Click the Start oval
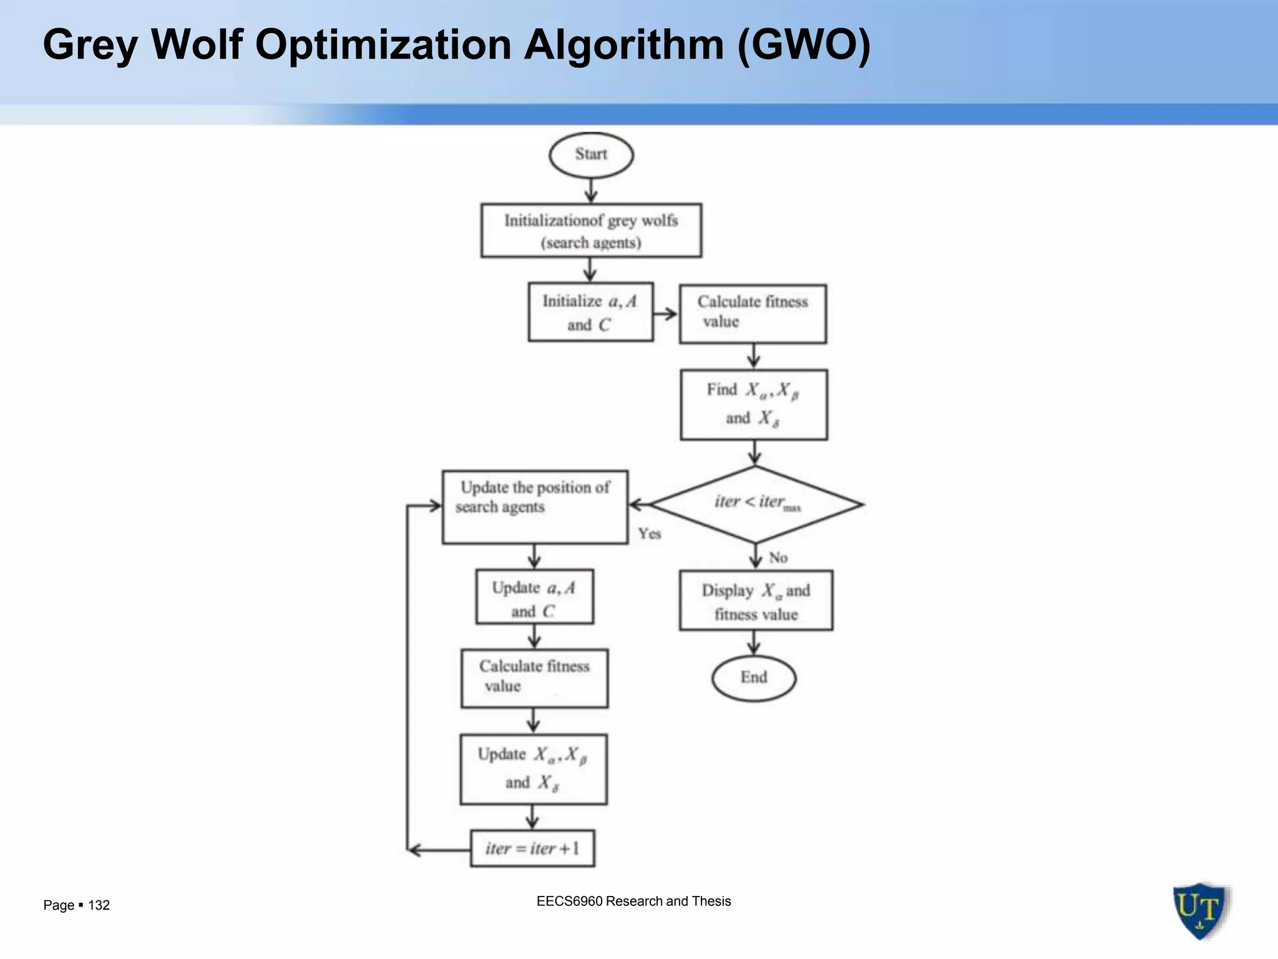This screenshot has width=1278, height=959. click(x=591, y=155)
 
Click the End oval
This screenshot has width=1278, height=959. click(x=753, y=677)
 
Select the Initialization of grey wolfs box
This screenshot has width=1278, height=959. click(x=591, y=230)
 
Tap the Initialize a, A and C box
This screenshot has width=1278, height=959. click(x=590, y=312)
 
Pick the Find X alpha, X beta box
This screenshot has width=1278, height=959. click(x=754, y=405)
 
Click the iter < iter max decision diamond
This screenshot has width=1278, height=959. click(x=756, y=504)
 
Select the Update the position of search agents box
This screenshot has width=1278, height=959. click(x=535, y=507)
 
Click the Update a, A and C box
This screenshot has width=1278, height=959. click(x=534, y=597)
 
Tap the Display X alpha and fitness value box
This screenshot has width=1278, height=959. click(x=756, y=601)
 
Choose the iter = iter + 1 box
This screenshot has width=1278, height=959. click(x=532, y=848)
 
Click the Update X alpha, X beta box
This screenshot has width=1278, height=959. click(x=534, y=769)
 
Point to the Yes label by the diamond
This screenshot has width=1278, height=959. click(x=650, y=534)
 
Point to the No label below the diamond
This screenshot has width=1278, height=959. click(x=778, y=558)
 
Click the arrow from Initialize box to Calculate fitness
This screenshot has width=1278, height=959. click(x=666, y=313)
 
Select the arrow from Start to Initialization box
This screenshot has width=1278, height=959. click(x=591, y=190)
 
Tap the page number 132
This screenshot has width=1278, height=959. click(x=99, y=905)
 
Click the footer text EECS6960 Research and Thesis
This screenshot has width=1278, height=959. click(x=633, y=901)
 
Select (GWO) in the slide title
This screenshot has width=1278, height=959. click(x=804, y=45)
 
